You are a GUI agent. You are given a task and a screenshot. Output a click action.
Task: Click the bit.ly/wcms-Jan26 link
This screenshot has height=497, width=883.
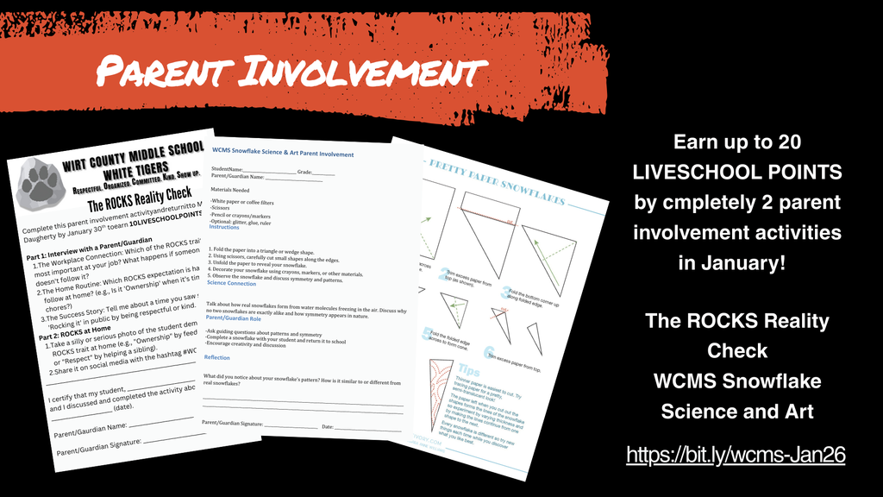[x=736, y=453]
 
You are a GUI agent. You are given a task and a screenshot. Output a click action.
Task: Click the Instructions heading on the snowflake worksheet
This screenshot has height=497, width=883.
[x=225, y=228]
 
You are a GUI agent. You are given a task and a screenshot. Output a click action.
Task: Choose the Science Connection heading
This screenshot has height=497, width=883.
[x=231, y=283]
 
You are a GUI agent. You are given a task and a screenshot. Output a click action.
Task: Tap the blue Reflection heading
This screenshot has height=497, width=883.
[x=216, y=357]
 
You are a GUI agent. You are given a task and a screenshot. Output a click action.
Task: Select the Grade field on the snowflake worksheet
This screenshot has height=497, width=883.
[x=316, y=172]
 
